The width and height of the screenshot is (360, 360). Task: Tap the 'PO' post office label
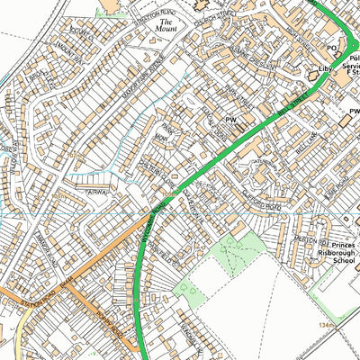tap(330, 48)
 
